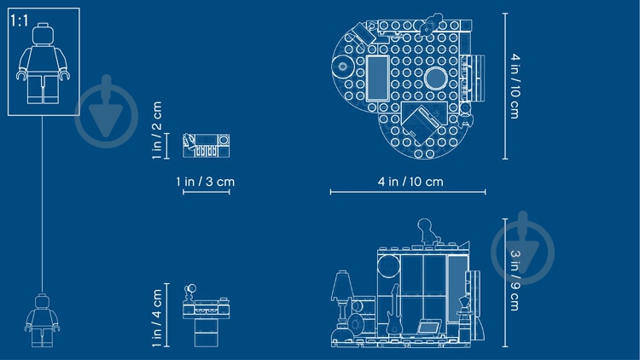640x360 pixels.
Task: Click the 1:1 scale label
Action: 19,20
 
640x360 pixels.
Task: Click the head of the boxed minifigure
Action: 43,33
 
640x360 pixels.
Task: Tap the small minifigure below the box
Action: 42,321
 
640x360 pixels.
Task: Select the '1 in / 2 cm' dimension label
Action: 157,131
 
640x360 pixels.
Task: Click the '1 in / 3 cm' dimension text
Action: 206,181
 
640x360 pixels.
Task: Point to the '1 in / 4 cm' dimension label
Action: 157,318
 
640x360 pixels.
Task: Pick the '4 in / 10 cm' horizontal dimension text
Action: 410,181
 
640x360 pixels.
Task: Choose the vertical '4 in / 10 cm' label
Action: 515,85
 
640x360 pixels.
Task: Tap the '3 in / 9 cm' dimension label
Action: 515,281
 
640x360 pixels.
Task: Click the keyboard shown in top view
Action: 207,146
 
